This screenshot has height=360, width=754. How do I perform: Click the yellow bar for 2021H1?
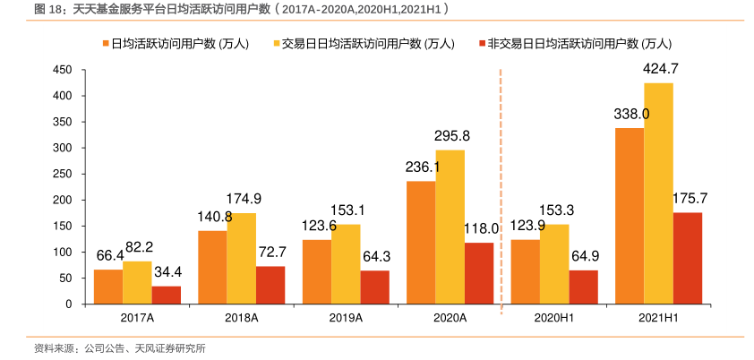point(658,193)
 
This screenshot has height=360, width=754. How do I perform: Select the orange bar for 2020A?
point(421,243)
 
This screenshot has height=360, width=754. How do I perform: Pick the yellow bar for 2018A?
point(242,259)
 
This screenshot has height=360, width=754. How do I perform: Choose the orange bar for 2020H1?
point(526,272)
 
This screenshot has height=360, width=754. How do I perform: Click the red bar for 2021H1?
point(687,259)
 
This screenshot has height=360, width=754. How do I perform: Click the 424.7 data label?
point(661,69)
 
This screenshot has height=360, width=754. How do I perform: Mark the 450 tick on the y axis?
point(63,70)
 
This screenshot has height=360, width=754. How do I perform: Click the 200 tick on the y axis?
point(63,200)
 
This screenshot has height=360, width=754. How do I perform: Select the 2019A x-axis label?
point(346,318)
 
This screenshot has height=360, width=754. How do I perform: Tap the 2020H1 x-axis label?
point(554,318)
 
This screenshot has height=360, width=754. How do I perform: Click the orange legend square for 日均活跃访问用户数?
point(105,43)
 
